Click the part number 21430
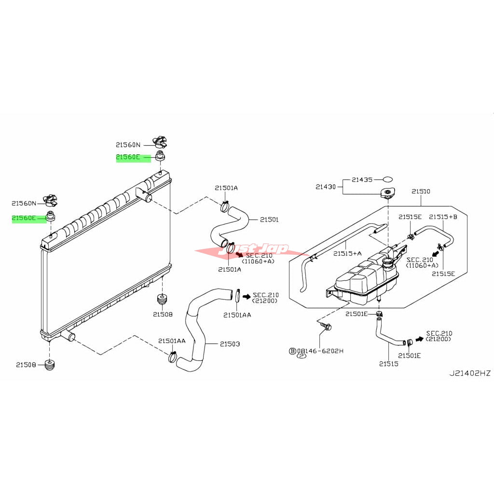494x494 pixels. point(326,186)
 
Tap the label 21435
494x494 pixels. point(362,179)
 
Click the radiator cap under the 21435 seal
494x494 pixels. point(387,193)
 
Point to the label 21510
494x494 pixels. point(421,192)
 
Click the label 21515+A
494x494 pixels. point(347,253)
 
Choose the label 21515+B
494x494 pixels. point(443,217)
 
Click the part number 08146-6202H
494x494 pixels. point(320,351)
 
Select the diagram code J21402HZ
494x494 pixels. point(470,373)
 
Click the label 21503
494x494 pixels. point(230,344)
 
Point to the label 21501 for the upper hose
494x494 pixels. point(269,220)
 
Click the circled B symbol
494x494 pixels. point(292,351)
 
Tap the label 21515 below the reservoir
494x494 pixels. point(388,363)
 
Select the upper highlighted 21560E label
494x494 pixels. point(128,157)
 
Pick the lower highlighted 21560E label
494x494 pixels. point(24,218)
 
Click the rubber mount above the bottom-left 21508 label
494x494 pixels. point(49,365)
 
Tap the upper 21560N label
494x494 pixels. point(128,144)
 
